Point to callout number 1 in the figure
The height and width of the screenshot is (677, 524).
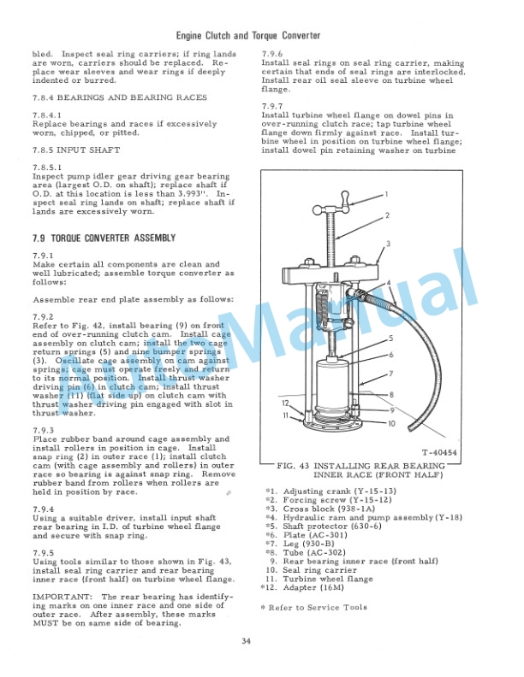pyautogui.click(x=386, y=194)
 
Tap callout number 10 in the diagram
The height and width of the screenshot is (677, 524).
pyautogui.click(x=391, y=423)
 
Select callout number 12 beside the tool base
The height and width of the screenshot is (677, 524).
pyautogui.click(x=285, y=403)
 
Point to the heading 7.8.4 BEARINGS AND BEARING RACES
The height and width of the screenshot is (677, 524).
pyautogui.click(x=119, y=97)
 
